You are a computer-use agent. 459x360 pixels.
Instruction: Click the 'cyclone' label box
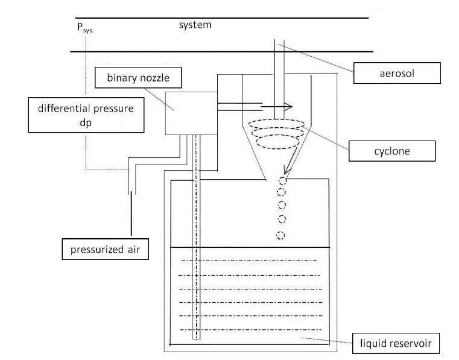(x=392, y=150)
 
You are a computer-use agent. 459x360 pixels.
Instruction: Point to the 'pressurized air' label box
(x=106, y=248)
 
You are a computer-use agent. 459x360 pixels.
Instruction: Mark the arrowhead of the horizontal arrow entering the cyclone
(x=289, y=107)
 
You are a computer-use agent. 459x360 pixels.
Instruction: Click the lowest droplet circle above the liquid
(x=280, y=234)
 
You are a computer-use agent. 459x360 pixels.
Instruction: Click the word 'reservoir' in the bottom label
(x=410, y=344)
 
